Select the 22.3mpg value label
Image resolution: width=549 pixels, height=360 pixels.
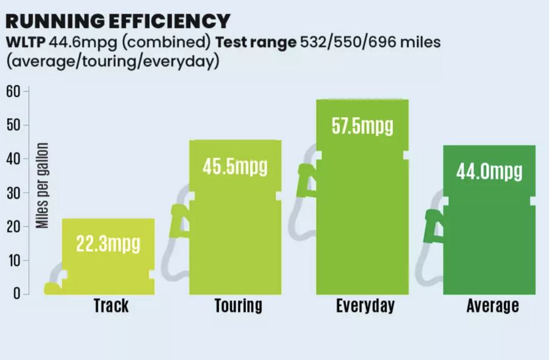(108, 244)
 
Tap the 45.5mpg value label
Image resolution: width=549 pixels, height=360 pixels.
(235, 167)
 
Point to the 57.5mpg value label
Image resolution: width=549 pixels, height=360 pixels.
(362, 127)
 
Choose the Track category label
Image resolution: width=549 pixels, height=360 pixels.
(111, 305)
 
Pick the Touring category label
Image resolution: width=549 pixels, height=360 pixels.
(238, 305)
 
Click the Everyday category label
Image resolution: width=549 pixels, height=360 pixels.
(365, 305)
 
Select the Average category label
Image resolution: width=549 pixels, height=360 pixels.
(492, 305)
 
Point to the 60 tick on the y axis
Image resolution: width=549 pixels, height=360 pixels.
(14, 92)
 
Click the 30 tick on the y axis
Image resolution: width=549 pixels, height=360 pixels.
(14, 193)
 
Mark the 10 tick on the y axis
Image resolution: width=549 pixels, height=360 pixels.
(14, 261)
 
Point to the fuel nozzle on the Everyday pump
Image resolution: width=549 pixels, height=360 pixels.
(305, 180)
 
